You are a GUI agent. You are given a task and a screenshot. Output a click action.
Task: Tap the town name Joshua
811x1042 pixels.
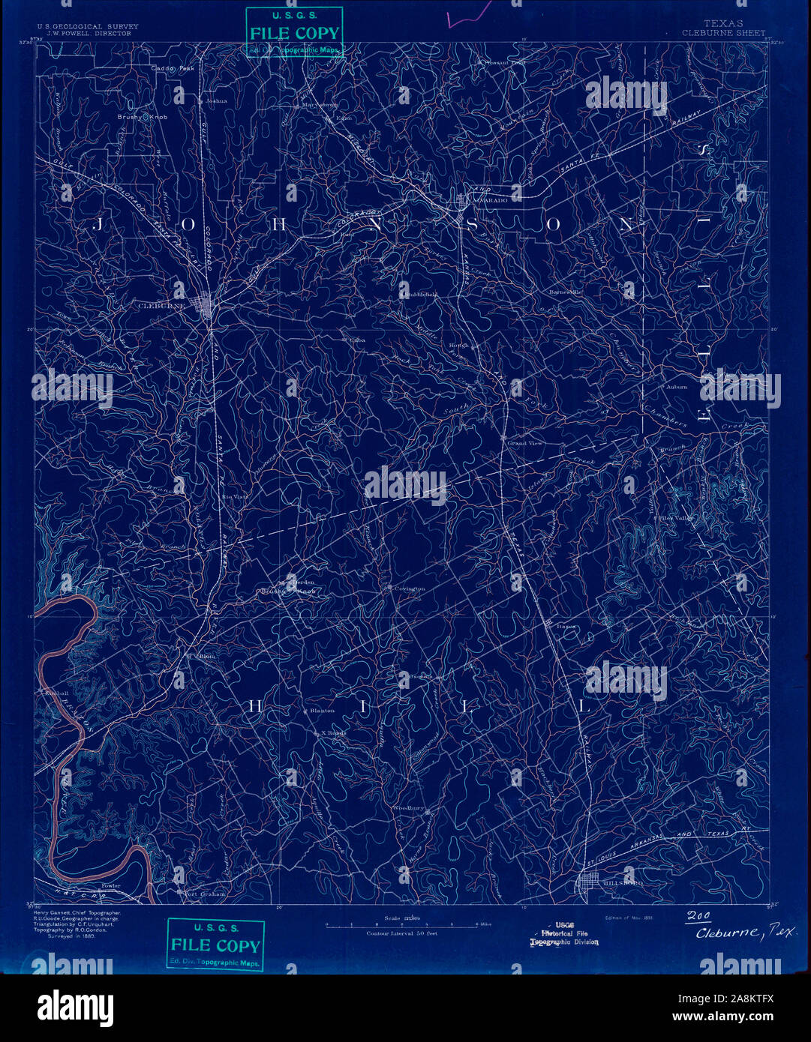coord(216,100)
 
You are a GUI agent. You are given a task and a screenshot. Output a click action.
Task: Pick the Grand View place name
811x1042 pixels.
coord(524,444)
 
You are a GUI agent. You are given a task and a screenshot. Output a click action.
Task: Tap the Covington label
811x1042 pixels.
coord(410,588)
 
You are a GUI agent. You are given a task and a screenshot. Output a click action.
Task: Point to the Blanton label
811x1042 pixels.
coord(322,710)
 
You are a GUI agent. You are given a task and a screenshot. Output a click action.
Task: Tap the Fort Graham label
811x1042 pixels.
coord(205,894)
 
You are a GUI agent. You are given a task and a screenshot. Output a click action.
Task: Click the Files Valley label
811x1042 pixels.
coord(677,518)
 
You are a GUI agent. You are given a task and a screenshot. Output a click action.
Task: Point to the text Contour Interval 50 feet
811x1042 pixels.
coord(401,933)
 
